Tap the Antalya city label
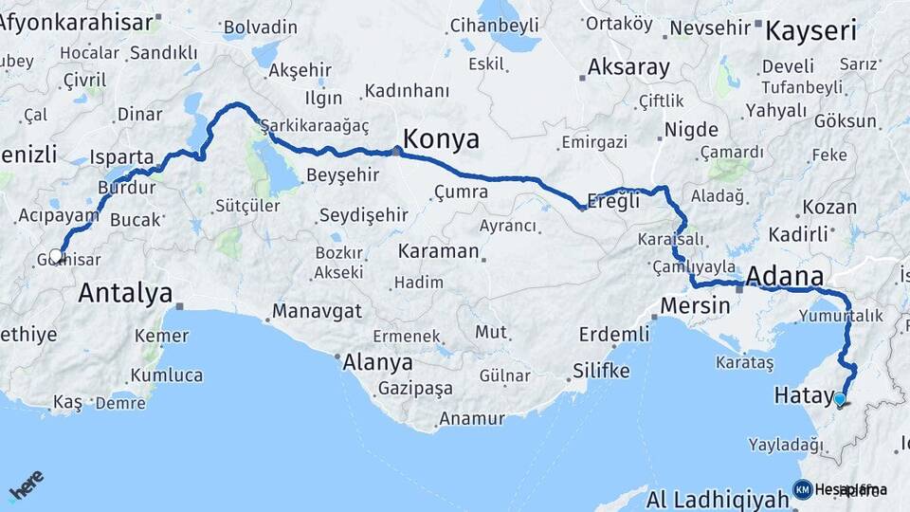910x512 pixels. (x=125, y=292)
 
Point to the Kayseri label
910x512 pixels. (x=810, y=30)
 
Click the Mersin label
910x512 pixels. (x=695, y=306)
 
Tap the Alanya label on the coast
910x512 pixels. (x=377, y=363)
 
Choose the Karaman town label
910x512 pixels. (x=438, y=251)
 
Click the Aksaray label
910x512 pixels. (x=628, y=68)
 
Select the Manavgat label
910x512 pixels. (x=318, y=311)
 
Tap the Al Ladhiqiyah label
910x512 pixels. (x=718, y=500)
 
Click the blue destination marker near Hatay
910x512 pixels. (x=839, y=399)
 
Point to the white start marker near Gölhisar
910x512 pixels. (x=56, y=255)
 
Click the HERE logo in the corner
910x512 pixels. (x=26, y=484)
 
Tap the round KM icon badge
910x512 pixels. (x=803, y=489)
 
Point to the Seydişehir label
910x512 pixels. (x=363, y=215)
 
